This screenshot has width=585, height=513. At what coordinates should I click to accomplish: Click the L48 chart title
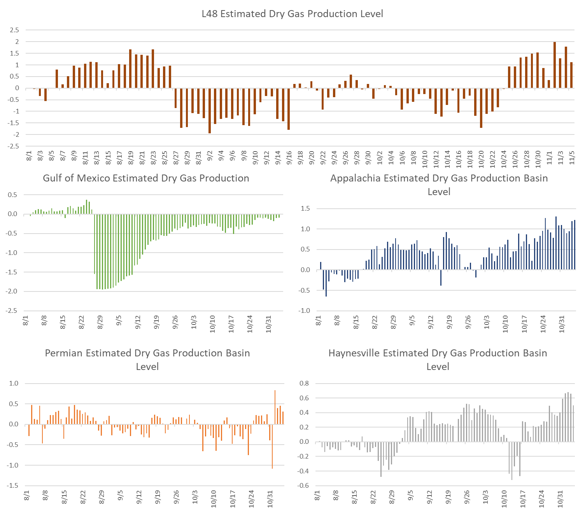[x=292, y=14]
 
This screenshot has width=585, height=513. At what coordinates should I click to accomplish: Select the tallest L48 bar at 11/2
[x=555, y=65]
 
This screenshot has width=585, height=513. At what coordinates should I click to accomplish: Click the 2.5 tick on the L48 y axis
[x=14, y=30]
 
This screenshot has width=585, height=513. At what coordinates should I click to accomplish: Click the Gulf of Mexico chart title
[x=146, y=178]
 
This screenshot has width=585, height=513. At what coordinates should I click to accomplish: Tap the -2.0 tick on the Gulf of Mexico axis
[x=12, y=291]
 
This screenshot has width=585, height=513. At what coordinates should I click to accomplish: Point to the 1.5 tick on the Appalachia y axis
[x=305, y=209]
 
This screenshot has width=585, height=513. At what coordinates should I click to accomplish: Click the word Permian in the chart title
[x=64, y=353]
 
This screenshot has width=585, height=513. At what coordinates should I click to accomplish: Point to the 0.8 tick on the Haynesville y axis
[x=304, y=384]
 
